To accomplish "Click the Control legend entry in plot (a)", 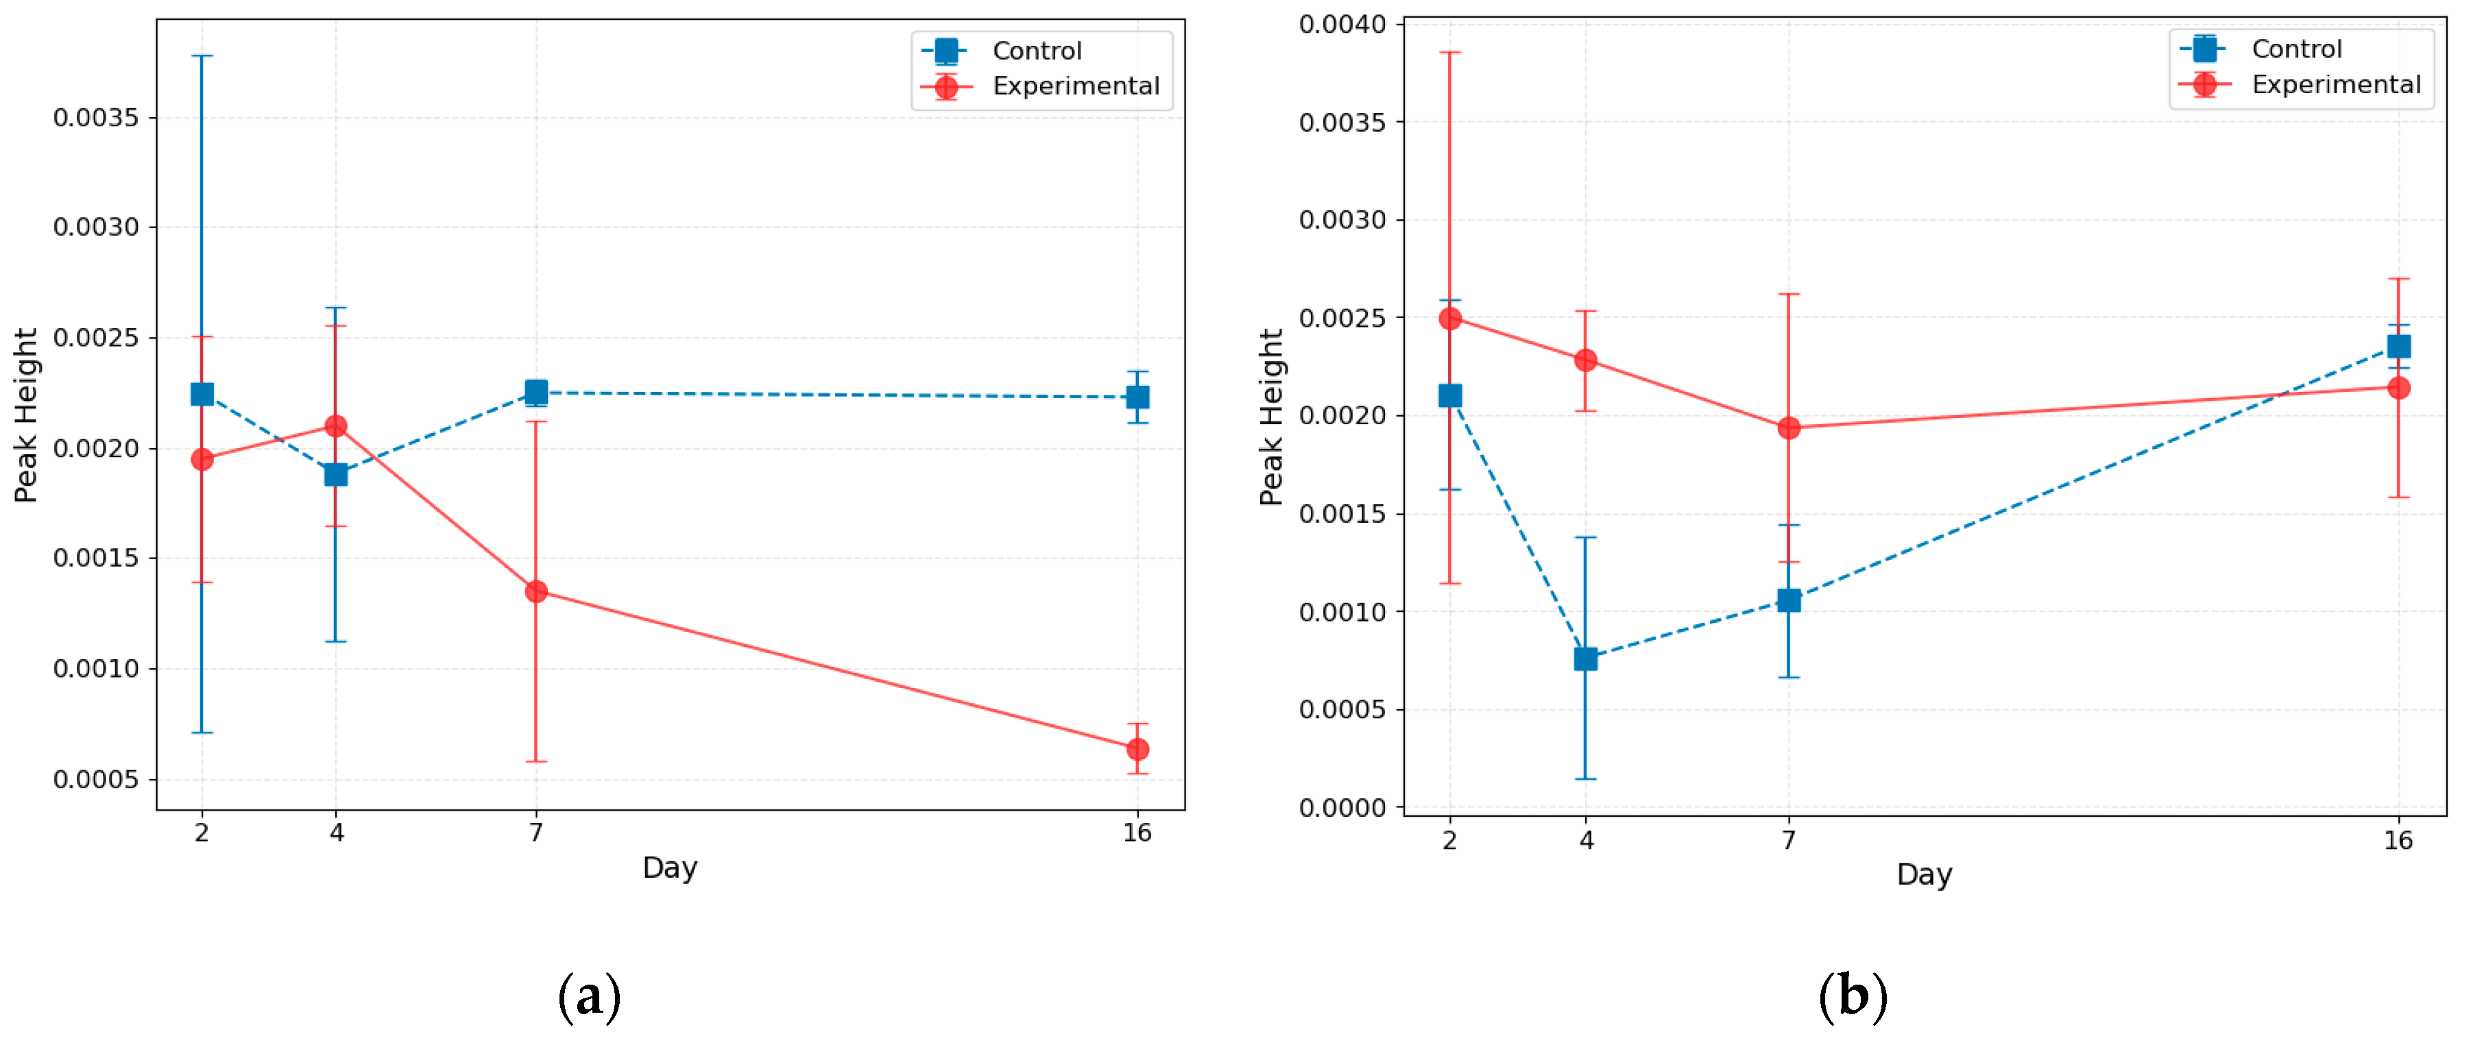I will coord(1036,51).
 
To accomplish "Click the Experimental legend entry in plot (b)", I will coord(2334,86).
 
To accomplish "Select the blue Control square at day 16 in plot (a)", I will coord(1137,397).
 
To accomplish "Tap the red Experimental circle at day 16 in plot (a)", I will coord(1137,749).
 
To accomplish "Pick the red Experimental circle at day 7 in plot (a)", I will coord(536,591).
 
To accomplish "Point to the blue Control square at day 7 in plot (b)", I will coord(1788,600).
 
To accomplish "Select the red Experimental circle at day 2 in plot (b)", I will coord(1449,319).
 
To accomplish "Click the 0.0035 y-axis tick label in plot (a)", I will coord(96,118).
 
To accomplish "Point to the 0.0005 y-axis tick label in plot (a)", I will coord(96,780).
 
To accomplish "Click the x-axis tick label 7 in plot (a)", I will coord(536,833).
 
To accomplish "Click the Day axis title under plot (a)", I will coord(670,867).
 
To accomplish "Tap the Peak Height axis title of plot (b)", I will coord(1271,417).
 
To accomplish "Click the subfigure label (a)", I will coord(589,997).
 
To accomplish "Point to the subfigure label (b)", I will coord(1853,997).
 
